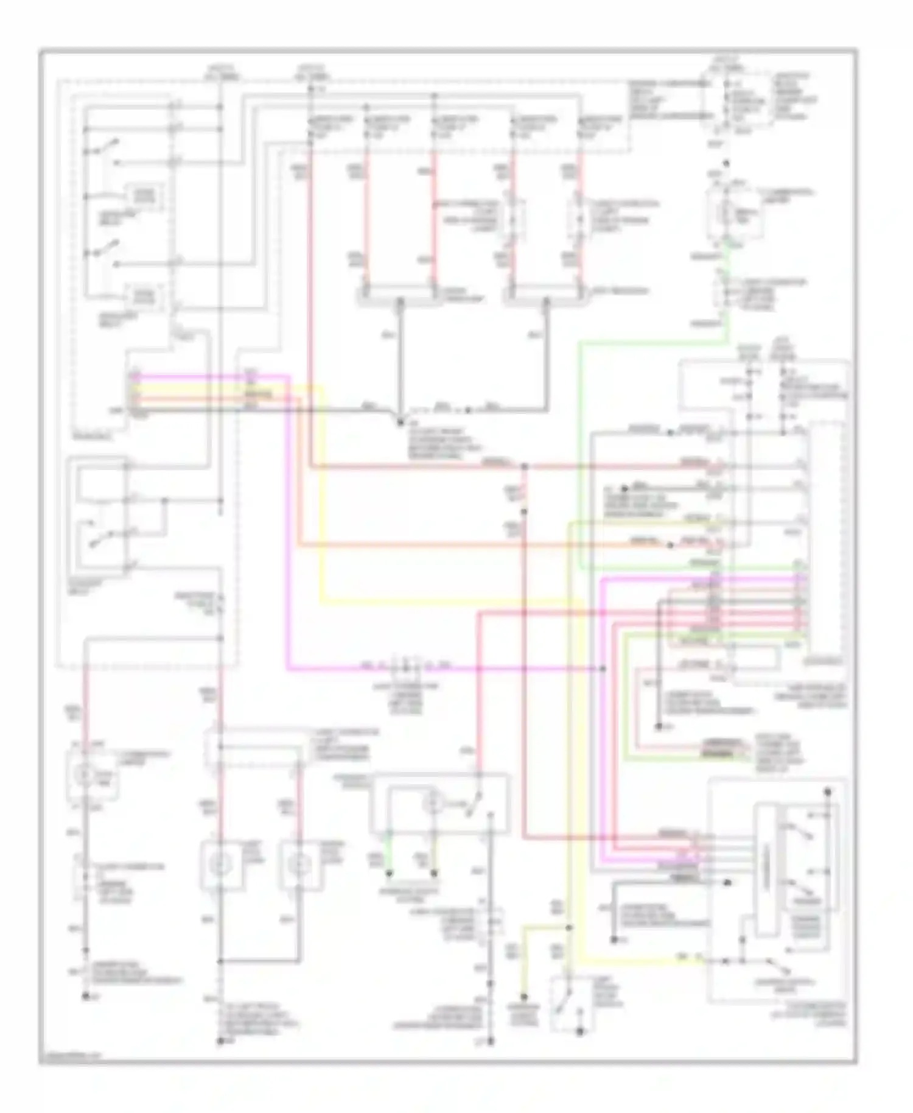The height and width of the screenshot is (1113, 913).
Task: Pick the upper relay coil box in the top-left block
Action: point(145,195)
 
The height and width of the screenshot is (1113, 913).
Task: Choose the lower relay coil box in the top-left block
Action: point(145,297)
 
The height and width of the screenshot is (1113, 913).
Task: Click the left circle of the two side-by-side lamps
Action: point(220,863)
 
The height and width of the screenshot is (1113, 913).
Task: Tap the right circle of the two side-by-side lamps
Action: point(298,863)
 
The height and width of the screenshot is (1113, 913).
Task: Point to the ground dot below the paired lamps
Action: point(220,1041)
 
